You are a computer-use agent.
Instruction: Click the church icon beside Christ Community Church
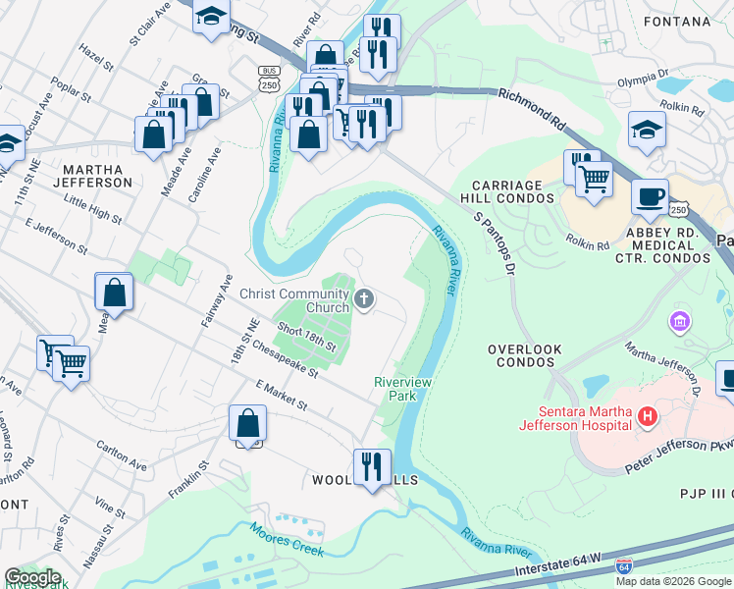[x=364, y=299]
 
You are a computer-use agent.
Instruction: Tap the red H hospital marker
[x=646, y=418]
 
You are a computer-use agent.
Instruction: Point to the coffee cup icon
[x=650, y=196]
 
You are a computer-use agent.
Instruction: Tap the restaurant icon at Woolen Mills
[x=372, y=467]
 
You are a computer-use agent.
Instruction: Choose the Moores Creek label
[x=287, y=539]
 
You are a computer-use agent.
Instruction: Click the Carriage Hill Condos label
[x=514, y=191]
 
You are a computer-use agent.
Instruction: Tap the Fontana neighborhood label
[x=677, y=21]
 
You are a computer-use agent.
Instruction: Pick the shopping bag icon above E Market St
[x=248, y=423]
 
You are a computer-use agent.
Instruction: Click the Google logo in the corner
[x=32, y=577]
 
